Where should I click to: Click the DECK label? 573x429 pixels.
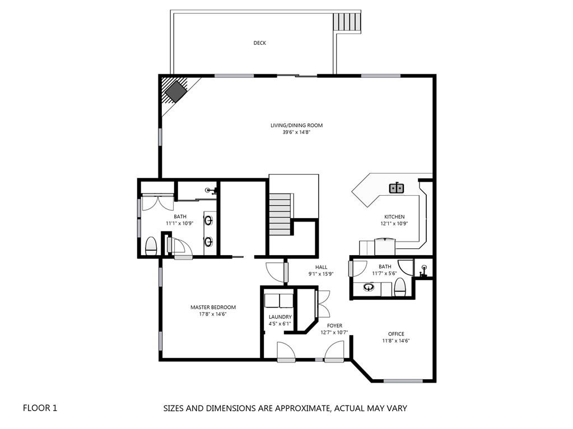click(259, 43)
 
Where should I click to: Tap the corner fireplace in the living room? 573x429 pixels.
click(176, 92)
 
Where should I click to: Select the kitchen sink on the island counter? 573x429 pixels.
click(396, 188)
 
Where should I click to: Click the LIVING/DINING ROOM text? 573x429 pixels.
click(296, 125)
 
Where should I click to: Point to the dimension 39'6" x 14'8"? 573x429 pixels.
click(296, 133)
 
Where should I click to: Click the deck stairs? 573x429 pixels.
click(347, 23)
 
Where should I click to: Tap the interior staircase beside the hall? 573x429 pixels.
click(280, 214)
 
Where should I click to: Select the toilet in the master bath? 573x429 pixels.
click(151, 246)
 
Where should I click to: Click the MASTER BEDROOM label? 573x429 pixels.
click(213, 307)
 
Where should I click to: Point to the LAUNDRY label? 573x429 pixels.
click(280, 317)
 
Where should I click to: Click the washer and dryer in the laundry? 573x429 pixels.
click(278, 301)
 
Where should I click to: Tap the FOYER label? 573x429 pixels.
click(334, 326)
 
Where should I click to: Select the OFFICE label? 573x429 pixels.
click(396, 334)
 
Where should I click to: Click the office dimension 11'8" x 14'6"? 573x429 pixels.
click(396, 341)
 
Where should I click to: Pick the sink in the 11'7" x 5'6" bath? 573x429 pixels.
click(369, 287)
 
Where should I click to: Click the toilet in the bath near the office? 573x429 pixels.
click(400, 288)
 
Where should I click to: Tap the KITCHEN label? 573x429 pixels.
click(394, 216)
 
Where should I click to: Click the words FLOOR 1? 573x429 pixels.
click(40, 408)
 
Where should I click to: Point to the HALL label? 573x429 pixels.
click(321, 267)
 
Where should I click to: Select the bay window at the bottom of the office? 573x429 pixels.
click(403, 381)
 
